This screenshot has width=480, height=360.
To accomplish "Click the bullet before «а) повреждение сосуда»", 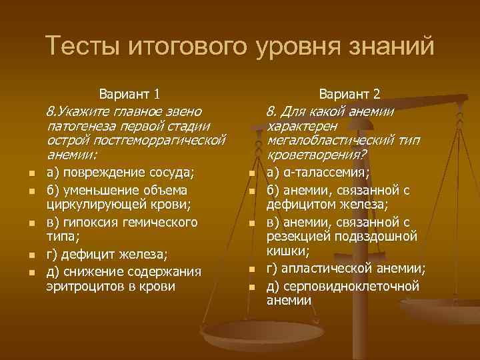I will (31, 175).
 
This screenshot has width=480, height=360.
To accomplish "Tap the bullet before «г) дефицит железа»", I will (31, 255).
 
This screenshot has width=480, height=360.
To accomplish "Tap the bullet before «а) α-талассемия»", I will (252, 175).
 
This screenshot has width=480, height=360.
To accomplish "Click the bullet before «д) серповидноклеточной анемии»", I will (252, 287).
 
